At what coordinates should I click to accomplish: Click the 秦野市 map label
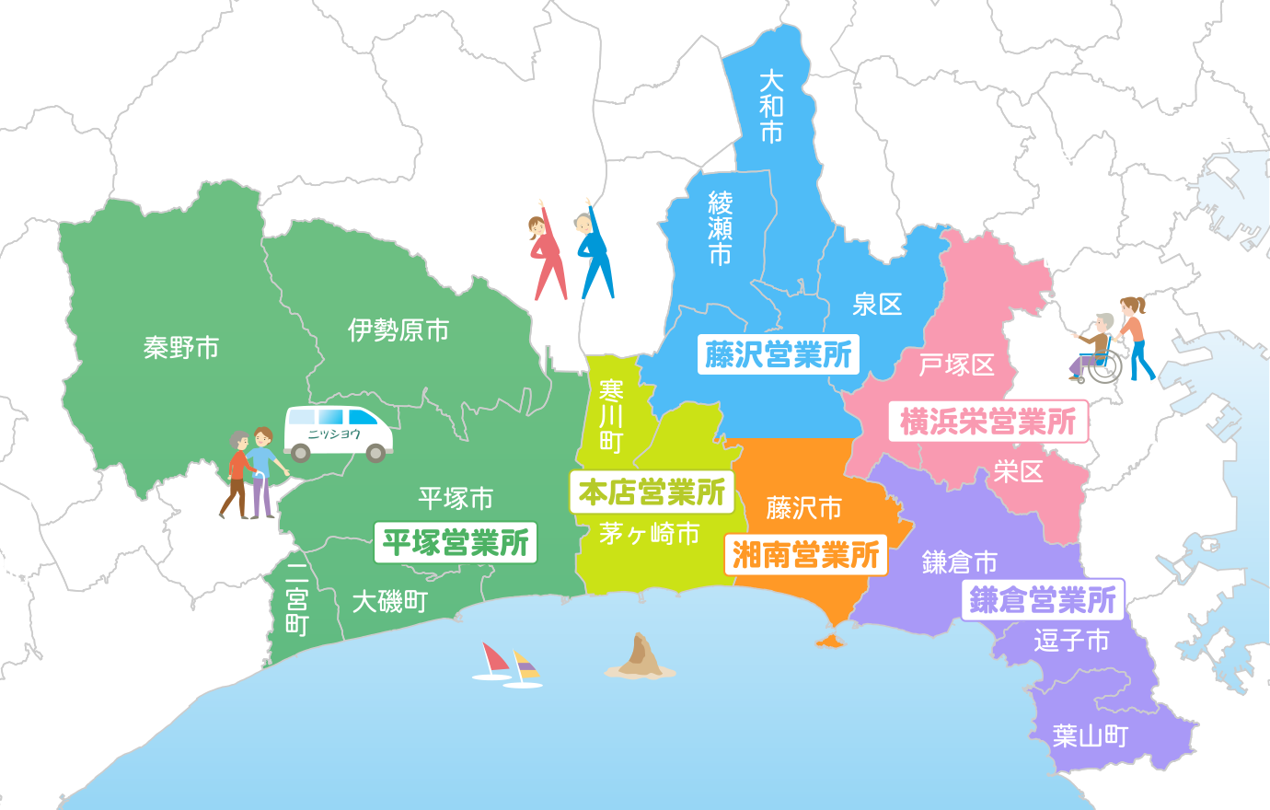coord(181,348)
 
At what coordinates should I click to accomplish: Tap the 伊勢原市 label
coord(398,330)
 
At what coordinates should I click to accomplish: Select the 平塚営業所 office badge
coord(456,543)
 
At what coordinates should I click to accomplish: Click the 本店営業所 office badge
coord(652,492)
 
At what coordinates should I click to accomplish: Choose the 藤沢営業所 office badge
coord(779,354)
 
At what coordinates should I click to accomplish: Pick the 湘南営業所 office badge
coord(805,555)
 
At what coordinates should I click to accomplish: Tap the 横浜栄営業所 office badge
coord(987,422)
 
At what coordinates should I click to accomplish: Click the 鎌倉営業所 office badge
coord(1043,600)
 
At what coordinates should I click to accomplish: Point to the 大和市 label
coord(771,107)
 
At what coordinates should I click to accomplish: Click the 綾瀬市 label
coord(720,227)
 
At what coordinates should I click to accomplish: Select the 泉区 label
coord(877,305)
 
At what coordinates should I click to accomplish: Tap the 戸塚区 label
coord(957,365)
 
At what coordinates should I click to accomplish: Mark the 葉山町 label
coord(1091,735)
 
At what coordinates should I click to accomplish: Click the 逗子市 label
coord(1071,640)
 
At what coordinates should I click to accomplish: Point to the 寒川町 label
coord(611,416)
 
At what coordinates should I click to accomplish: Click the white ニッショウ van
coord(338,433)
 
